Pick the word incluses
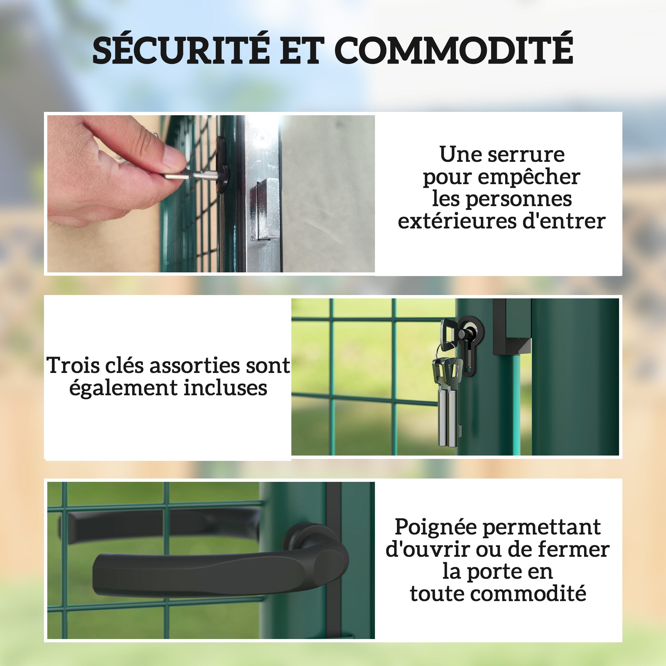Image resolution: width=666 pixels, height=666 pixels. coord(225,388)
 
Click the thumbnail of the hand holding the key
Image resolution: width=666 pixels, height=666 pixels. coord(211,194)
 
